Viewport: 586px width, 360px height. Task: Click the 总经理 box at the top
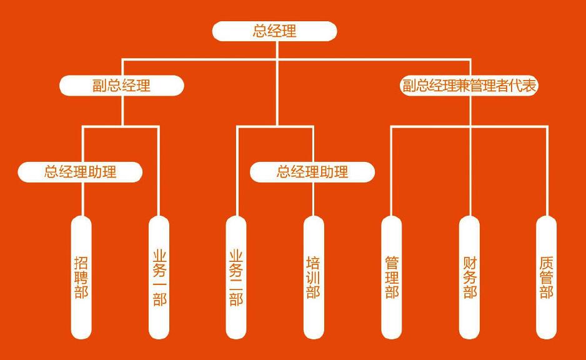275,31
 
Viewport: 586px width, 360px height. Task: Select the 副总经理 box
122,86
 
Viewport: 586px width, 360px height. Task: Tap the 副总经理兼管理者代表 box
469,86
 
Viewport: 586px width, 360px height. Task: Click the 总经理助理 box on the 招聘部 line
80,172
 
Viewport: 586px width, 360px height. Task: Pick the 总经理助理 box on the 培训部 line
312,172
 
